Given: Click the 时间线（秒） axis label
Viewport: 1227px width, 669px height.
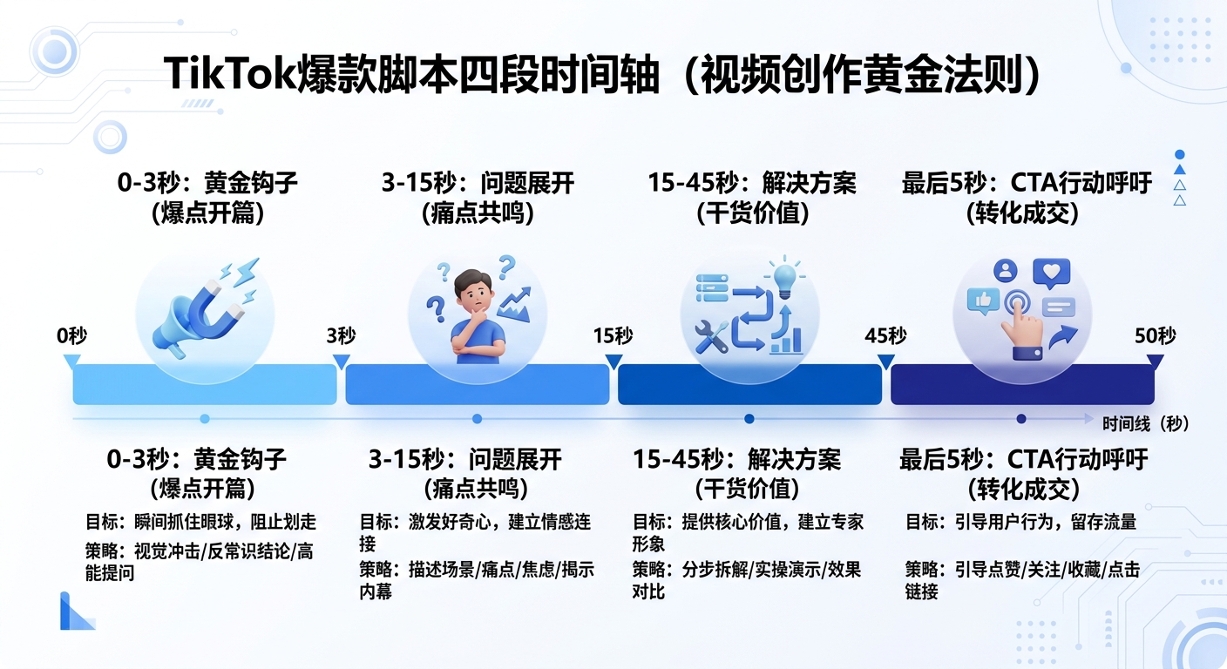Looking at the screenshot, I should click(x=1145, y=424).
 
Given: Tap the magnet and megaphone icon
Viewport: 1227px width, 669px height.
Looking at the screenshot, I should click(x=202, y=305).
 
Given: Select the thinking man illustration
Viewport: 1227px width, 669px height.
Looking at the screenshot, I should click(x=476, y=314).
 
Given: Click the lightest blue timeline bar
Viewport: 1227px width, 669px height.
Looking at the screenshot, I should click(x=204, y=384).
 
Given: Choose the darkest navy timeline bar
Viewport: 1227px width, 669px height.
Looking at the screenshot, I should click(x=1021, y=384).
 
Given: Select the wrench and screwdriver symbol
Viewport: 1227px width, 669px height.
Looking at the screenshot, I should click(x=712, y=336).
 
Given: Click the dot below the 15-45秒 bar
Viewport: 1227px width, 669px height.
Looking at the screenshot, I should click(x=749, y=419).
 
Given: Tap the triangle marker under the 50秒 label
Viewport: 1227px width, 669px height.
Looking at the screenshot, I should click(x=1155, y=360).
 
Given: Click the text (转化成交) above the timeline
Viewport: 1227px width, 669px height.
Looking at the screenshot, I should click(x=1023, y=213).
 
